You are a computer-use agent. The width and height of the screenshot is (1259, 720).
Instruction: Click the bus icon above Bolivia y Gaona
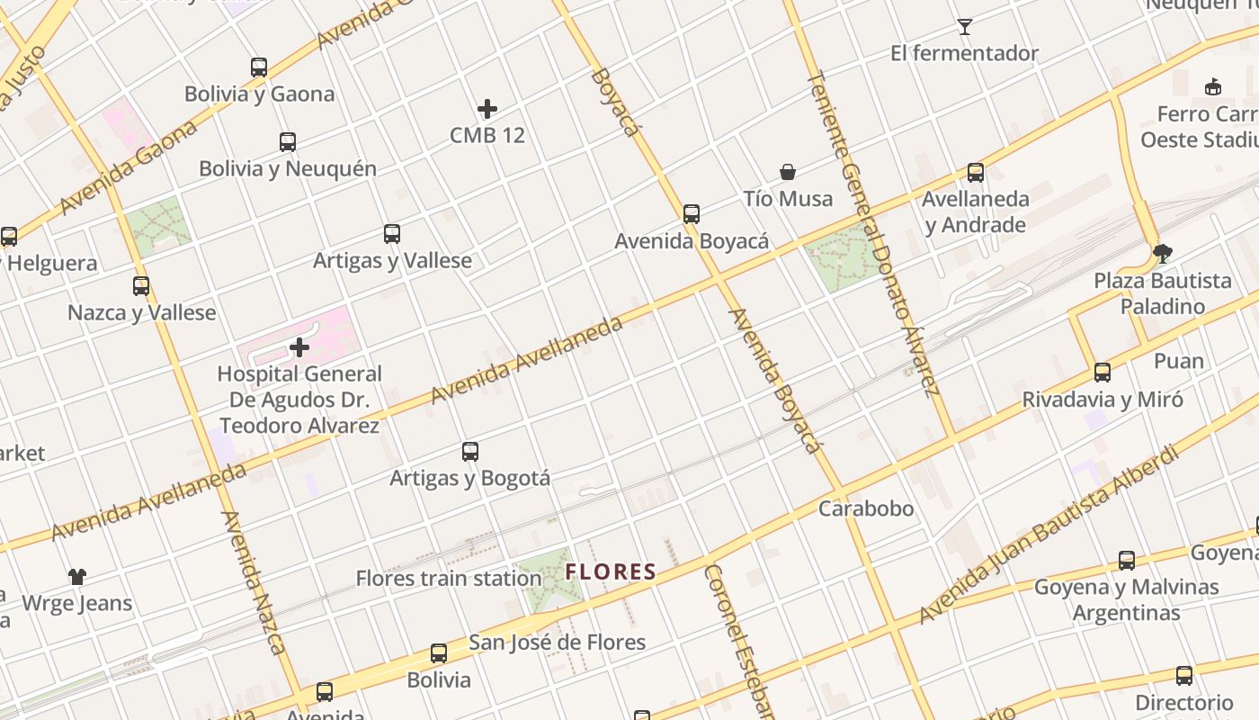click(x=259, y=67)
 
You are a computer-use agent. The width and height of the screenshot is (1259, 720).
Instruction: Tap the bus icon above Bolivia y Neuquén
click(x=288, y=141)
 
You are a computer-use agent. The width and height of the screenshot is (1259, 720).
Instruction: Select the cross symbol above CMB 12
click(x=487, y=109)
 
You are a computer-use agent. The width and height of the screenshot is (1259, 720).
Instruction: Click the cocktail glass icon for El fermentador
click(x=965, y=26)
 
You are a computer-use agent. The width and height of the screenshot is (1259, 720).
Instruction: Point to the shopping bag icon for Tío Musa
click(x=788, y=172)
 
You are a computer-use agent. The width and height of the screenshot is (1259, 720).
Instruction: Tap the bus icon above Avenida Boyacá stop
click(x=692, y=214)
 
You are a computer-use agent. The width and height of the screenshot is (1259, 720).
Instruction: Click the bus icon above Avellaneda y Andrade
click(x=976, y=172)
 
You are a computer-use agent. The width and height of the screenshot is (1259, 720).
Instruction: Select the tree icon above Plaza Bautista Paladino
click(x=1163, y=254)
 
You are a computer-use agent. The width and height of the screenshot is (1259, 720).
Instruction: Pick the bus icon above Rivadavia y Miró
click(x=1103, y=373)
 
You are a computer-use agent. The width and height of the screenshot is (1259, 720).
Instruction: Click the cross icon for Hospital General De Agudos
click(x=299, y=346)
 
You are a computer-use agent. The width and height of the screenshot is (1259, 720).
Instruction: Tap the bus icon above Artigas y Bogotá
click(x=470, y=451)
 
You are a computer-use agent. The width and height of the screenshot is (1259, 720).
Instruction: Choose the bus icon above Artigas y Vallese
click(x=392, y=234)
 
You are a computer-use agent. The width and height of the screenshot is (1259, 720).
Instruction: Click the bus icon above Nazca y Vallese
click(x=141, y=286)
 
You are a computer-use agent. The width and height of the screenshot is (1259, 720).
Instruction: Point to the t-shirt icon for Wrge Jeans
click(x=77, y=576)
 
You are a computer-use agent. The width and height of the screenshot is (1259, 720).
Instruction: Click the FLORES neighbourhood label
click(x=611, y=571)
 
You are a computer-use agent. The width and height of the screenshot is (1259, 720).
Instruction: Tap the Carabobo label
click(x=866, y=508)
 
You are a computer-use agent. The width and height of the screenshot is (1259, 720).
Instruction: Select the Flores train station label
click(x=449, y=578)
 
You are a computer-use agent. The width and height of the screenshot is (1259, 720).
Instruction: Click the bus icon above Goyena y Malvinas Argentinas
click(x=1127, y=561)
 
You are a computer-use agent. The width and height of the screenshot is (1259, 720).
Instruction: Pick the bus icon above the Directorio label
click(x=1184, y=676)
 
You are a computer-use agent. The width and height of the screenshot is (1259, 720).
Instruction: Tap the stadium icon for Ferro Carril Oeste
click(x=1213, y=86)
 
